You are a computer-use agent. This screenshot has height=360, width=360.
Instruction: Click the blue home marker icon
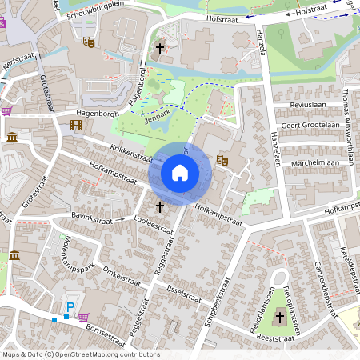pos(180,173)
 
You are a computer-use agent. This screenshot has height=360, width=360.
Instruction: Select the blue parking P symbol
pos(70,307)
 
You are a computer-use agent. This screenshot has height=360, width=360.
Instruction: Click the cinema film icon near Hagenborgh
pos(75,125)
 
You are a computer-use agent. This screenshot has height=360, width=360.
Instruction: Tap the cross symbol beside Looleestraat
pos(159,206)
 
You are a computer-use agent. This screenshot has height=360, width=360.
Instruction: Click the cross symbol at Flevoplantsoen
pos(280,318)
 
